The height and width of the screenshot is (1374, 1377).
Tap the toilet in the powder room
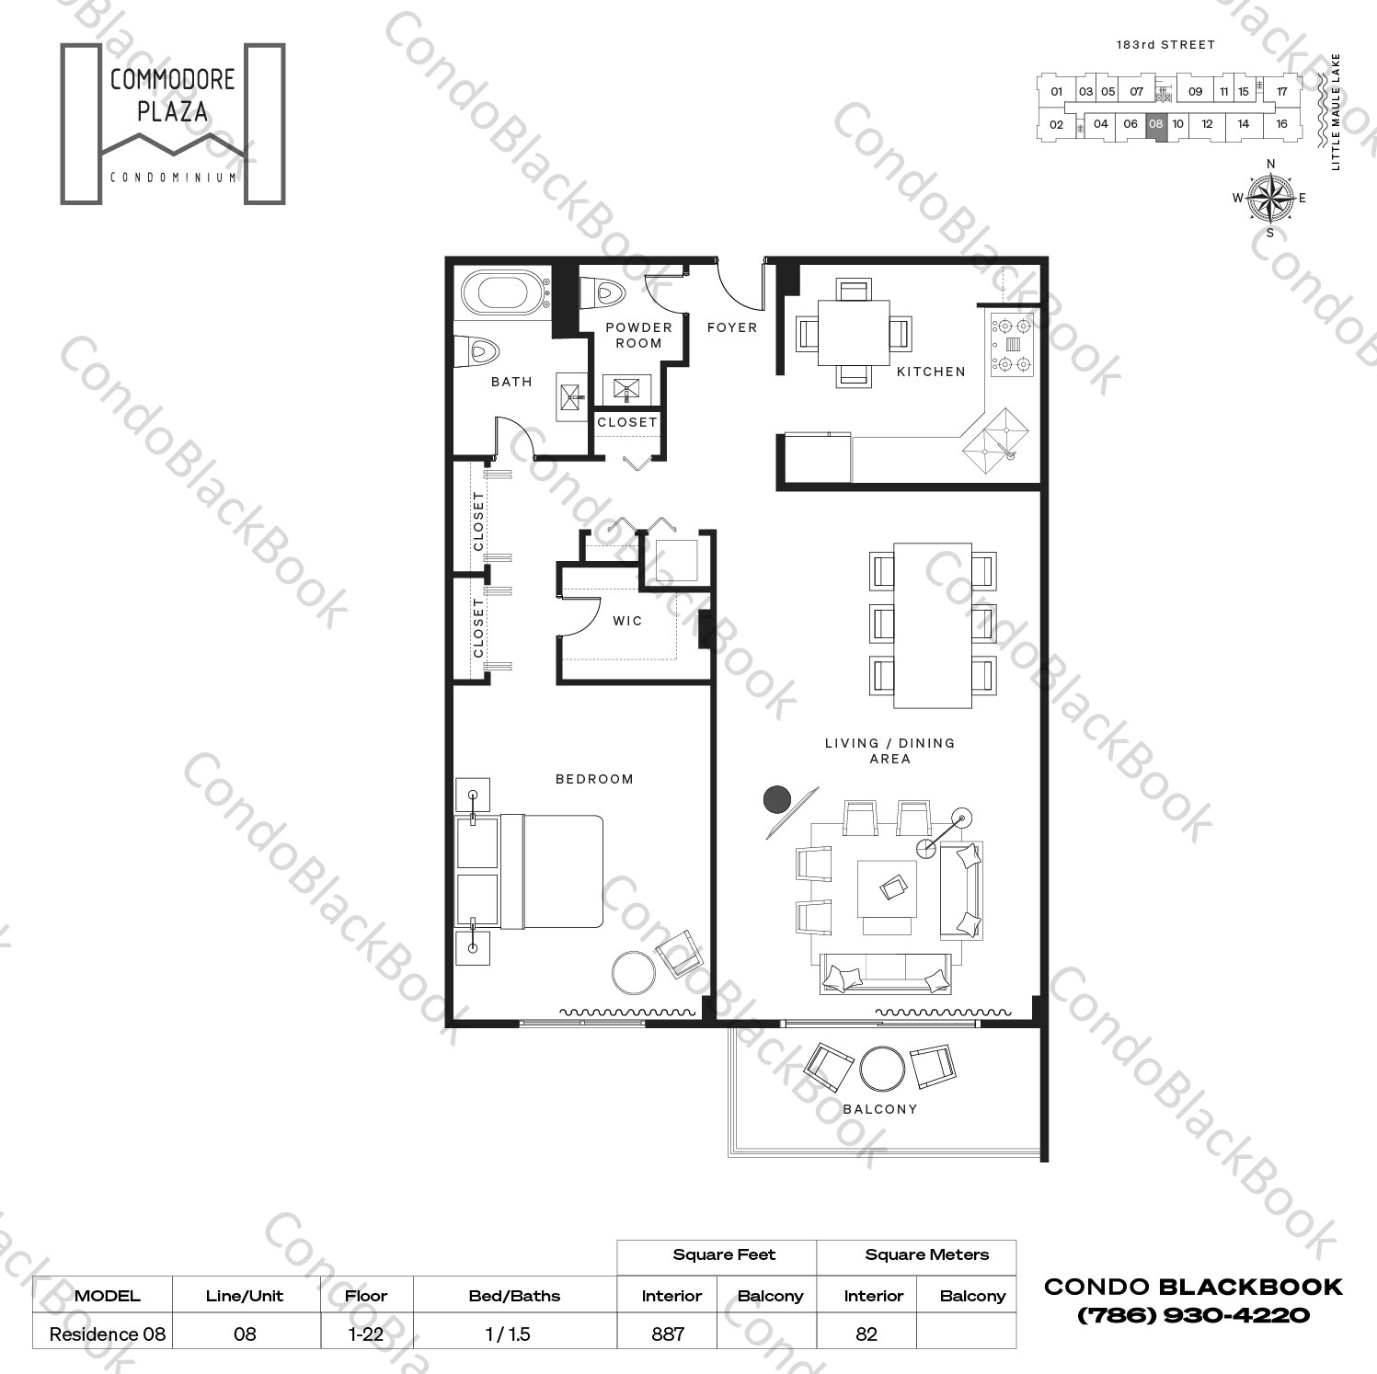(x=603, y=293)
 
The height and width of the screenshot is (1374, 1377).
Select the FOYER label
(x=732, y=327)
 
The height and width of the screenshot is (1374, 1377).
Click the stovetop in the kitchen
(x=1012, y=344)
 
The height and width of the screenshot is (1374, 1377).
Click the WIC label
(x=627, y=621)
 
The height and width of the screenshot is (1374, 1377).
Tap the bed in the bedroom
(x=550, y=871)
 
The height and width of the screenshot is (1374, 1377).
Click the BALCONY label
(x=880, y=1109)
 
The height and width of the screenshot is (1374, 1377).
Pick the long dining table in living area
(x=933, y=625)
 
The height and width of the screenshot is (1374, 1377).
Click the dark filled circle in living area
(x=777, y=800)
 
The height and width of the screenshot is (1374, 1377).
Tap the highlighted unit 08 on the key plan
(x=1156, y=124)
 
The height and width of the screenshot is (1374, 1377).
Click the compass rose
(x=1270, y=198)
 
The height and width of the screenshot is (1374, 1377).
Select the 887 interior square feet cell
(x=668, y=1334)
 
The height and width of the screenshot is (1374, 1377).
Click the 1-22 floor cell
(x=366, y=1334)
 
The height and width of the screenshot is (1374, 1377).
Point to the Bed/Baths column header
(x=514, y=1296)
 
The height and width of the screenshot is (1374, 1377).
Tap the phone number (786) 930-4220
(x=1193, y=1315)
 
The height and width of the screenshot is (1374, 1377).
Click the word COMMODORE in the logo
(x=172, y=80)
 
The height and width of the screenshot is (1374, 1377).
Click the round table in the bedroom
(x=635, y=972)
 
